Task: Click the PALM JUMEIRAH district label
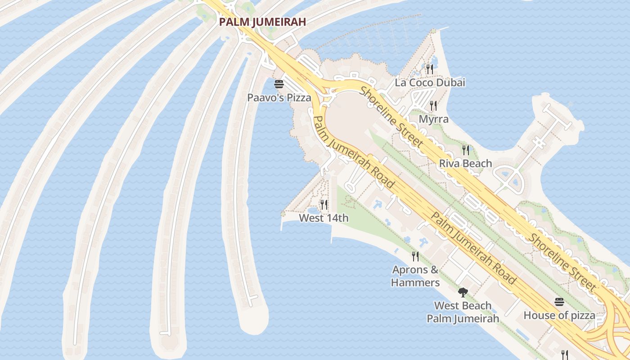coord(262,22)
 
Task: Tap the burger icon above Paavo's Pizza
coord(279,84)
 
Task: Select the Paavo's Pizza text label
coord(279,97)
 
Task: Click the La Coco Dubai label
coord(430,83)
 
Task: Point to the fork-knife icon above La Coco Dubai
coord(429,69)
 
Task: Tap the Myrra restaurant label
coord(433,119)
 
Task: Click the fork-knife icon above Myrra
coord(433,106)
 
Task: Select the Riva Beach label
coord(465,163)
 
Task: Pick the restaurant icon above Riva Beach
coord(466,150)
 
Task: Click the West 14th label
coord(324,218)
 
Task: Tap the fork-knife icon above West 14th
coord(324,205)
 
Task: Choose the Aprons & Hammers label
coord(415,276)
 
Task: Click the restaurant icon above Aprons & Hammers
coord(415,256)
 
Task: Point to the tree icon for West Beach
coord(463,292)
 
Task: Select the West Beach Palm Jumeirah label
coord(463,312)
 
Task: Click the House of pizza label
coord(559,315)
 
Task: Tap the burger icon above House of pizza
coord(559,301)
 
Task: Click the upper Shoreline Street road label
coord(391,117)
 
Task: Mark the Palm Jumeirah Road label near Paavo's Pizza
coord(353,152)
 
